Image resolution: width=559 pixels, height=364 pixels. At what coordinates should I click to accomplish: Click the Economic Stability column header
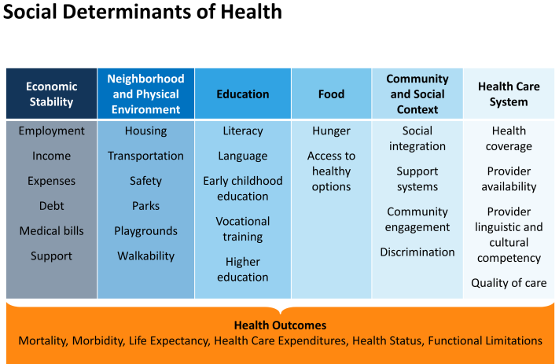coord(51,94)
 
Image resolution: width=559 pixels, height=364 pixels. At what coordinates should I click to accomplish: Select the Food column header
coord(331,94)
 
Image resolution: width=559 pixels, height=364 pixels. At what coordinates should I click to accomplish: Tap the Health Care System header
coord(509,94)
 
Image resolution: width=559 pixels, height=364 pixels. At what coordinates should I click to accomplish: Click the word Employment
coord(51,131)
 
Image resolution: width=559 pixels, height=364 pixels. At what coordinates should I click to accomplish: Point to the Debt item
coord(51,206)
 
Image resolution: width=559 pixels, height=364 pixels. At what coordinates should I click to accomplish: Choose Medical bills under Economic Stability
coord(51,230)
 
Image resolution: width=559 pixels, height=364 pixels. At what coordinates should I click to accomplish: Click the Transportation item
coord(145,156)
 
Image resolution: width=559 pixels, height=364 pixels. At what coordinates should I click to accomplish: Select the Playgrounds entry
coord(145,231)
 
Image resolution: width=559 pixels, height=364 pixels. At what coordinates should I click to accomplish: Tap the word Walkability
coord(145,256)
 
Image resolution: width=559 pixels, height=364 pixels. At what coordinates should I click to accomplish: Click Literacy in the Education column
coord(243,131)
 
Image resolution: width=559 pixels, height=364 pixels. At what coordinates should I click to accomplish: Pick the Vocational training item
coord(243,229)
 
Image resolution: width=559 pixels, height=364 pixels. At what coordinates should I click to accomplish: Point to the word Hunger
coord(331,131)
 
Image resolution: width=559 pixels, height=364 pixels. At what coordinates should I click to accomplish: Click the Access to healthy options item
coord(331,171)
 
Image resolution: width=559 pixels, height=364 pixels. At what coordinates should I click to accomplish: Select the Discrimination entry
coord(417,252)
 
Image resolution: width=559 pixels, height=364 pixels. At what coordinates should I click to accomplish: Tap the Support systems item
coord(417,179)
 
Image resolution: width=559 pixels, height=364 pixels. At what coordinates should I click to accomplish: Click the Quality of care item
coord(509,283)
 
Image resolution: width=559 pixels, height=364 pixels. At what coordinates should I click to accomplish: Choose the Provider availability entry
coord(509,179)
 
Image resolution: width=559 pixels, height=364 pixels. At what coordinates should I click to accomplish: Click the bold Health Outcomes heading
coord(280,325)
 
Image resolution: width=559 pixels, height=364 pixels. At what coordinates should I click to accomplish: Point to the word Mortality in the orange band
coord(42,341)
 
